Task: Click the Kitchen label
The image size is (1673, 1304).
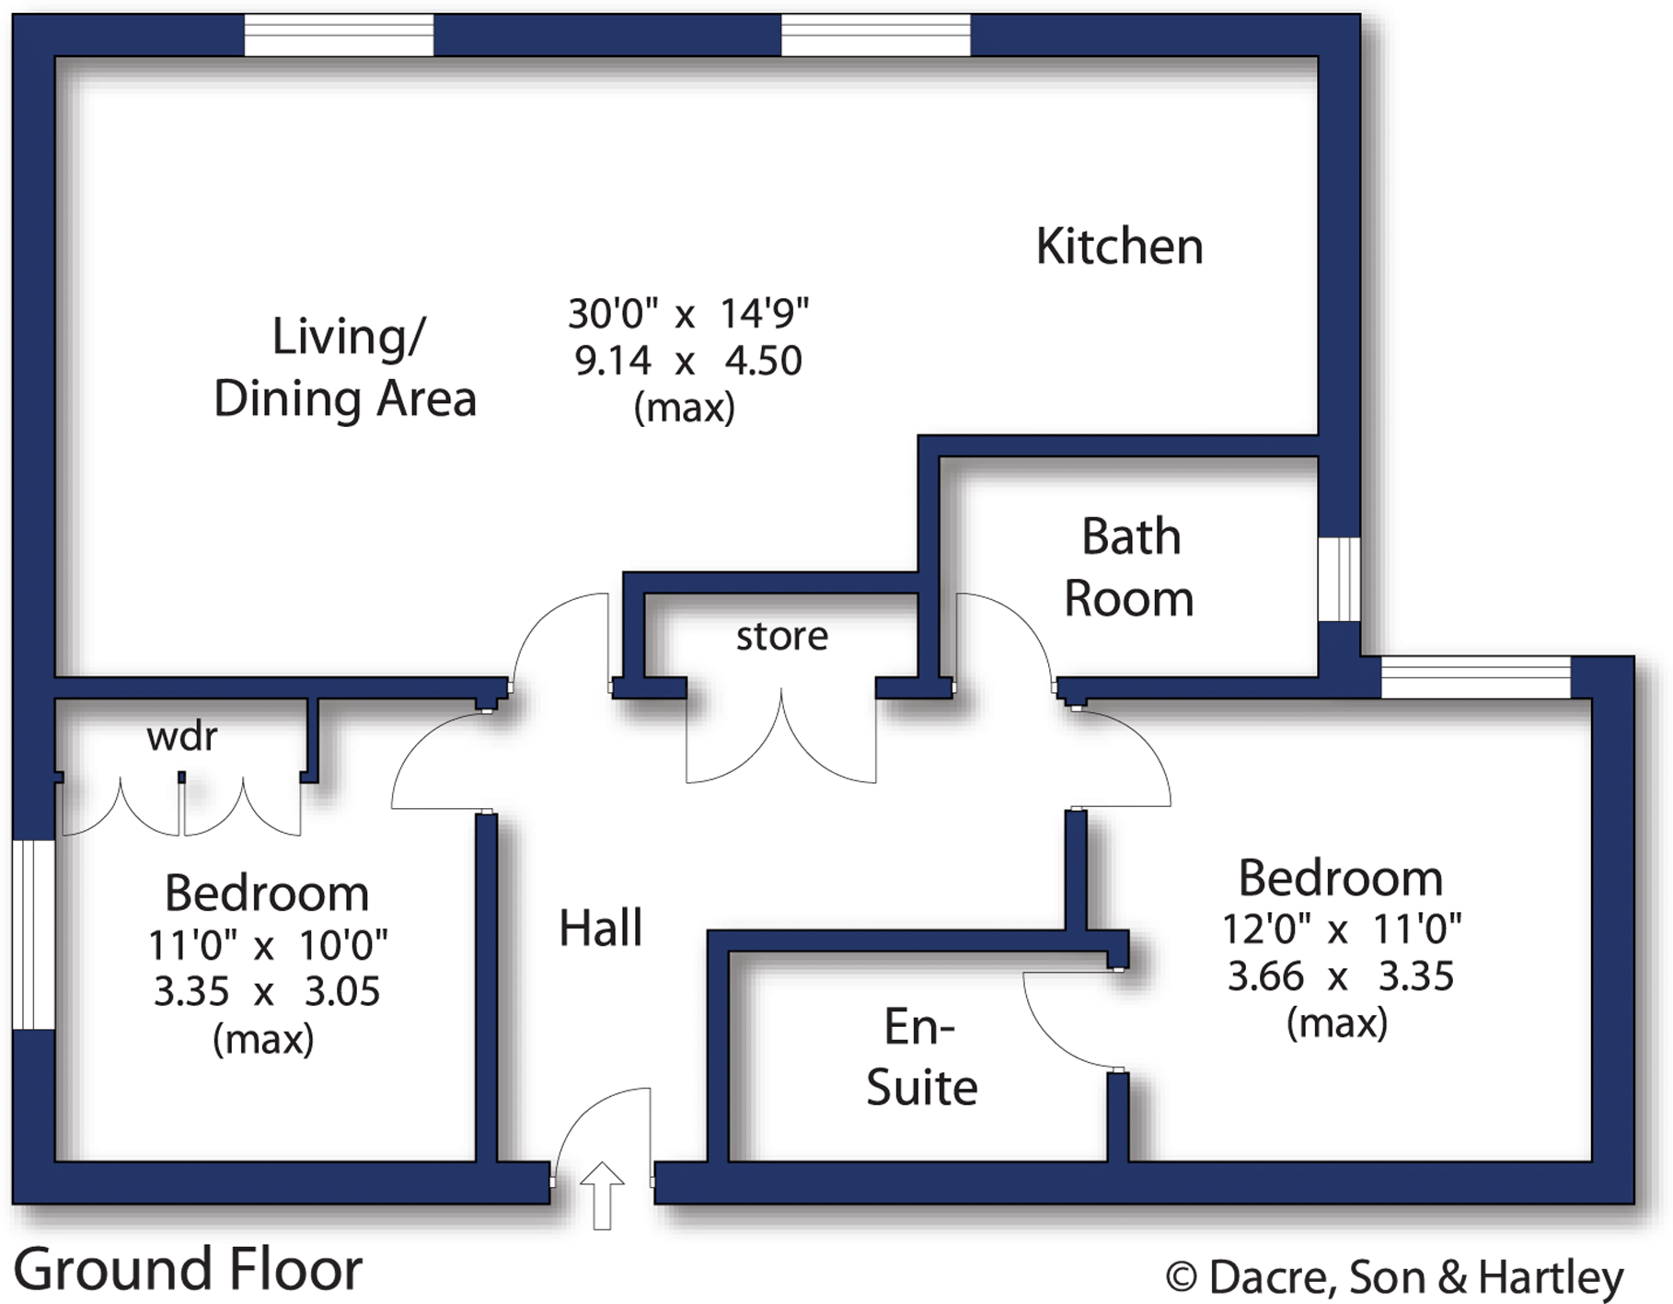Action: click(x=1119, y=247)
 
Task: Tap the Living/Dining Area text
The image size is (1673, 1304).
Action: click(x=345, y=368)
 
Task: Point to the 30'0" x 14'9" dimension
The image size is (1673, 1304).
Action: click(x=687, y=314)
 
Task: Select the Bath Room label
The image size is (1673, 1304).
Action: click(x=1129, y=567)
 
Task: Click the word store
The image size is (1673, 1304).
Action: click(x=781, y=636)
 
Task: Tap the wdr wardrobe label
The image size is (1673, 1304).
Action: click(x=181, y=736)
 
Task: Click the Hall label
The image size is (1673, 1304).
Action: click(x=600, y=928)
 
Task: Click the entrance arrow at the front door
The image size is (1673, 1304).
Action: click(x=602, y=1194)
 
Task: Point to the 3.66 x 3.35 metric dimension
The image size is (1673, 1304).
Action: click(x=1340, y=976)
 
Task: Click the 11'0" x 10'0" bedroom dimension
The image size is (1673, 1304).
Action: click(x=268, y=945)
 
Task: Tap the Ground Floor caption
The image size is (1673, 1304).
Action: click(x=188, y=1269)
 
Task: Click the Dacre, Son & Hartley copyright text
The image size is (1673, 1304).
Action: click(x=1394, y=1277)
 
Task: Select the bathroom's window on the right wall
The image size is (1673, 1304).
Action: click(x=1338, y=580)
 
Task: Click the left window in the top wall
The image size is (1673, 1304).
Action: click(x=339, y=35)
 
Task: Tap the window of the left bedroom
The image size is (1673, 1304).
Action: click(x=33, y=933)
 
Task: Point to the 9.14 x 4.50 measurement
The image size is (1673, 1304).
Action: click(x=687, y=361)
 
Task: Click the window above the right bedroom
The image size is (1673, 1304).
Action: click(x=1475, y=678)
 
